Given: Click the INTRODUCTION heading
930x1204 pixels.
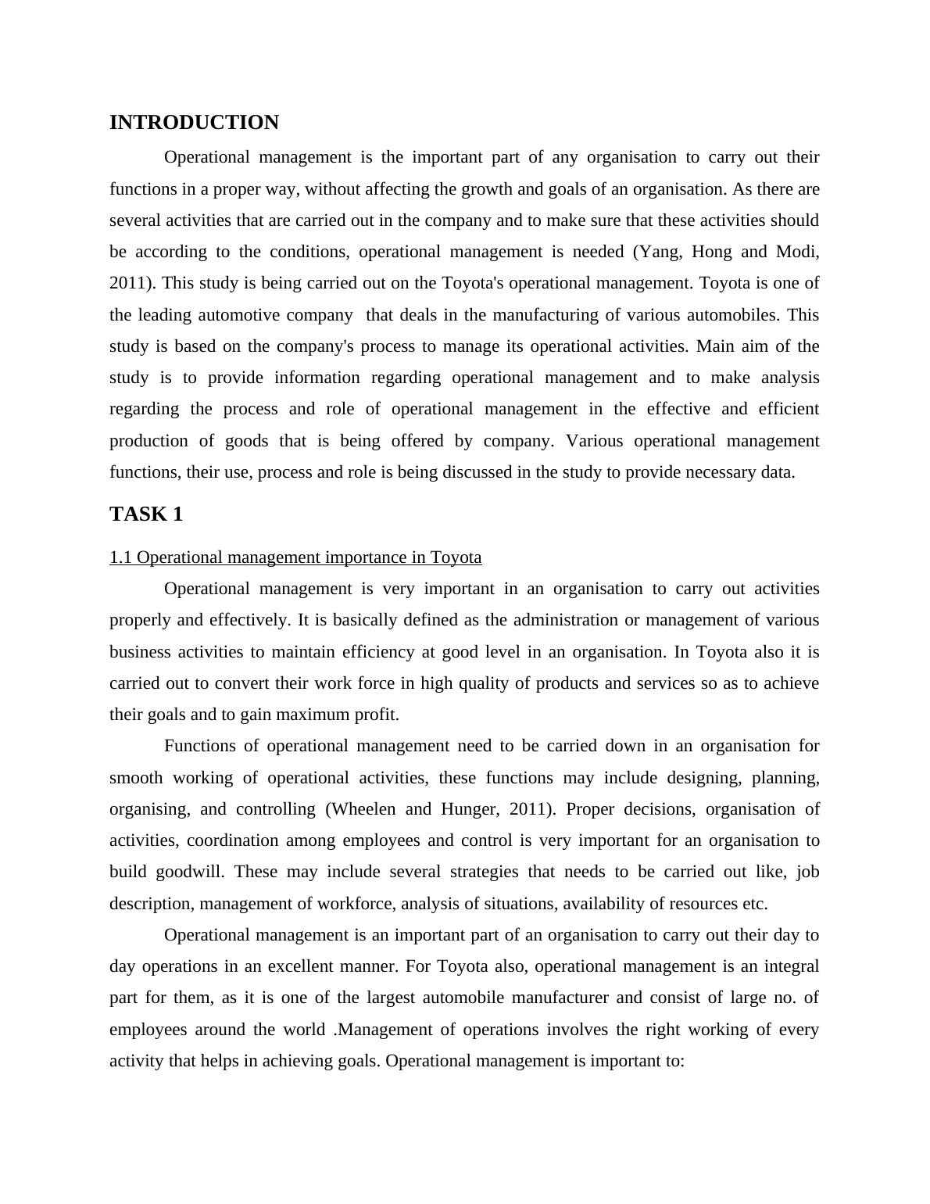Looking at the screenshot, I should pyautogui.click(x=194, y=123).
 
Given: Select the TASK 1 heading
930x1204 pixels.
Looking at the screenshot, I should pyautogui.click(x=146, y=514).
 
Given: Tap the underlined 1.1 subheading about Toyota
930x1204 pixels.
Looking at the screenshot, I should pyautogui.click(x=295, y=557).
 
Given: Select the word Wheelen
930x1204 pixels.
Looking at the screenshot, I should pyautogui.click(x=363, y=809).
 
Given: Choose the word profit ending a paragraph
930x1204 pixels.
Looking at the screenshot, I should pyautogui.click(x=378, y=715).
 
